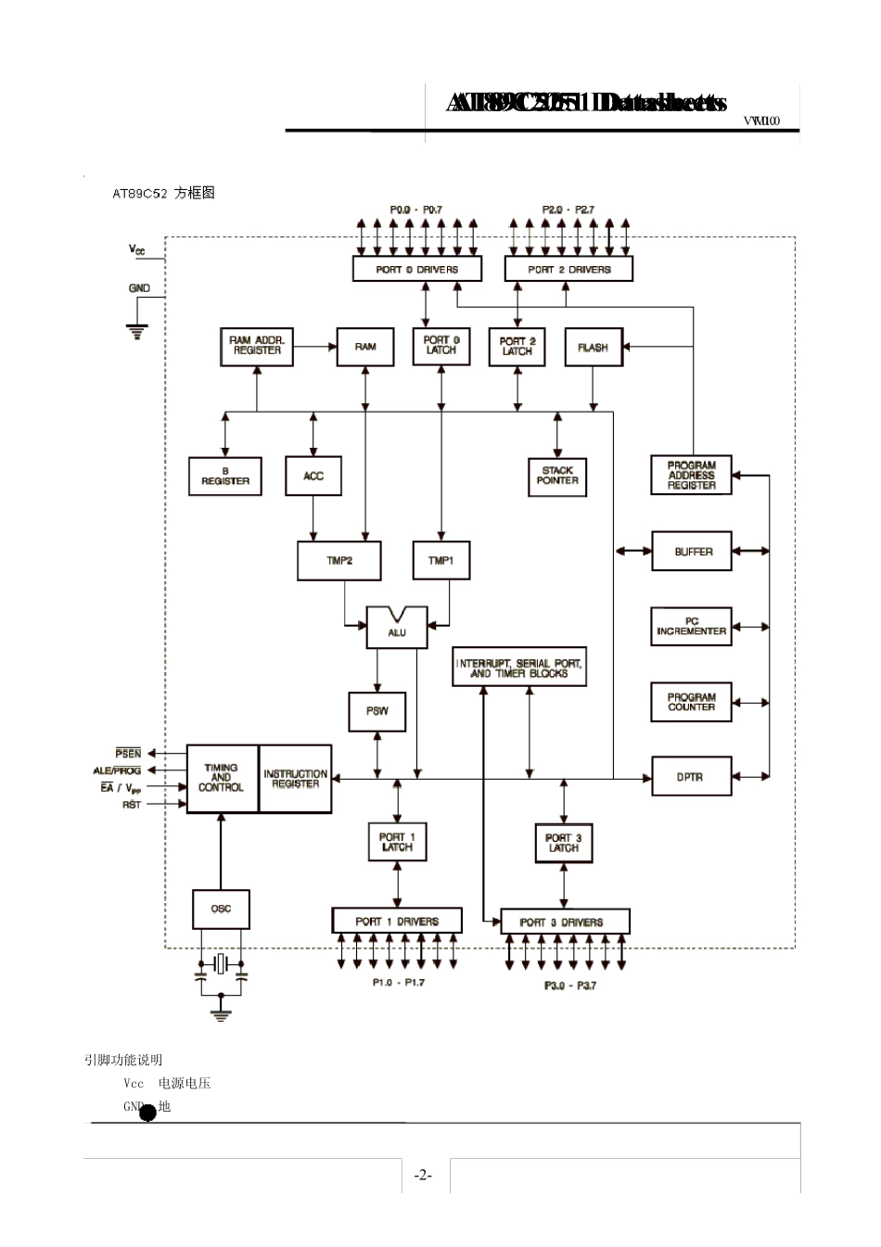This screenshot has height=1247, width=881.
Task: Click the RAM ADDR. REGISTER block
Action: coord(257,347)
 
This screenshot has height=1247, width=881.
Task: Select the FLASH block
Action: coord(594,348)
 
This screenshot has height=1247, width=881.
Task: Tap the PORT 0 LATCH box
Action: coord(440,346)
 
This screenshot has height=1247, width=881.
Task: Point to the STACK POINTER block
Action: coord(557,476)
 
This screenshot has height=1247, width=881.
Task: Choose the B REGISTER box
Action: coord(225,477)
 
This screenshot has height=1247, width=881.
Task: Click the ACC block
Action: coord(313,477)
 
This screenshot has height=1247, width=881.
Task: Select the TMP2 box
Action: coord(339,561)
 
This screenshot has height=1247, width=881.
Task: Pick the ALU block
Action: coord(397,629)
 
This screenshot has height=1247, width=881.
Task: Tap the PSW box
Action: coord(377,711)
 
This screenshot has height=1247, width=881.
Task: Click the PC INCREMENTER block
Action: coord(692,627)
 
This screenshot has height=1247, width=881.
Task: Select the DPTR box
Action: coord(691,777)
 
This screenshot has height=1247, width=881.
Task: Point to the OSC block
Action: coord(221,909)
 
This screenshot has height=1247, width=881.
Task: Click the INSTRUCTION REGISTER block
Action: coord(295,779)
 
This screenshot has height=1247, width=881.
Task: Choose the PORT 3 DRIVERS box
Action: coord(564,923)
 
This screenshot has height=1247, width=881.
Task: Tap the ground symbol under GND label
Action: coord(137,331)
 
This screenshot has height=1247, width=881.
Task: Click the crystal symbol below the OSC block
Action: coord(221,964)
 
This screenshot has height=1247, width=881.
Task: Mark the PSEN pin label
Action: coord(129,754)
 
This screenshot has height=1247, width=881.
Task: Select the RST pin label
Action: coord(132,805)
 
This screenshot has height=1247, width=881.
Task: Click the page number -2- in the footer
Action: coord(422,1176)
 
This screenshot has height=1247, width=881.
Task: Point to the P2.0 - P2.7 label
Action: coord(568,210)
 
